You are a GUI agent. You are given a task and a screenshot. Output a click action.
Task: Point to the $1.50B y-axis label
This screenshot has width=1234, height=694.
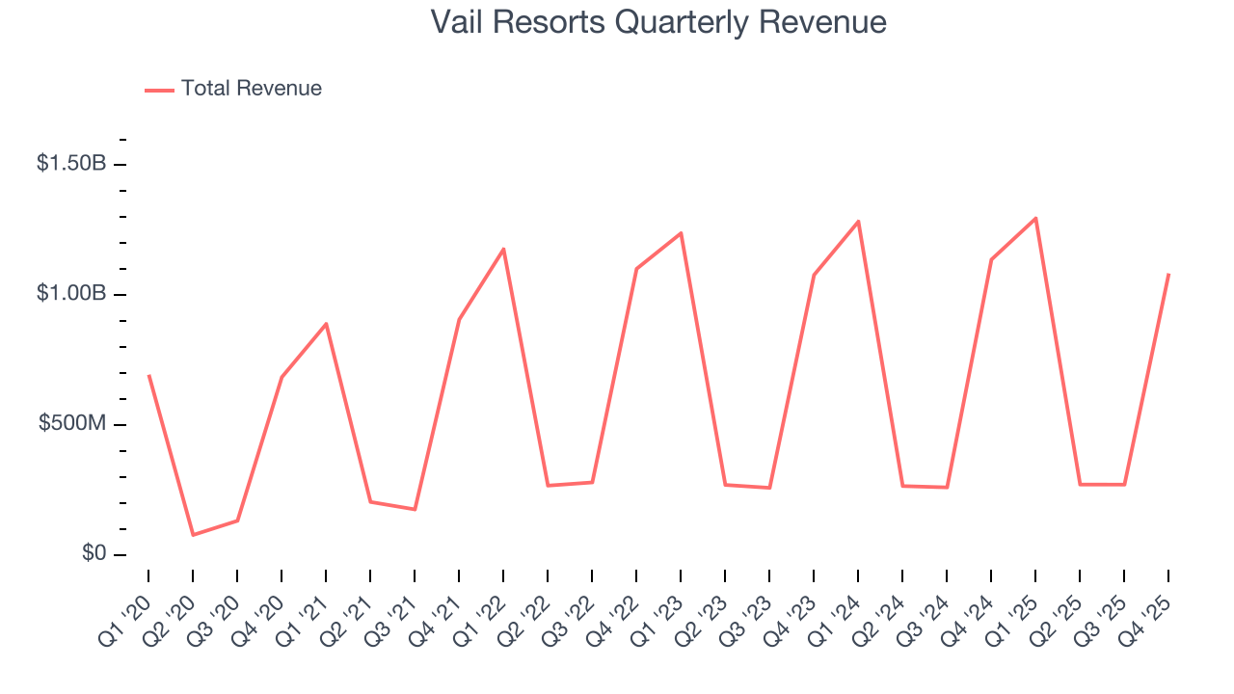click(71, 164)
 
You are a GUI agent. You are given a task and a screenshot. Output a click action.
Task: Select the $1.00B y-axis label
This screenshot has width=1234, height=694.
click(71, 294)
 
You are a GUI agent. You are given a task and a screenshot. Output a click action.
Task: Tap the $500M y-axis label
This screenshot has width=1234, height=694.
click(73, 424)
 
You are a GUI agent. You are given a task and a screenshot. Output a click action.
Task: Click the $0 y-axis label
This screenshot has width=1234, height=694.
click(94, 554)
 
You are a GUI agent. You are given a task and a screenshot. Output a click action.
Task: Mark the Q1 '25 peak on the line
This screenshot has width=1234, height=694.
click(1035, 218)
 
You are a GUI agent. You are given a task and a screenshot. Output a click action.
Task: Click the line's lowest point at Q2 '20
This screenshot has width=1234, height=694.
click(193, 535)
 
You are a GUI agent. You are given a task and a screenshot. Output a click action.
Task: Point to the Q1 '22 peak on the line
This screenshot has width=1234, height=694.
click(503, 249)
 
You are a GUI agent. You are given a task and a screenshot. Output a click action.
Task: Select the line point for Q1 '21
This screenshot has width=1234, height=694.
click(326, 324)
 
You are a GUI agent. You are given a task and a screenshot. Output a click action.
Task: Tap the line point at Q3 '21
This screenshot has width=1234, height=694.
click(415, 509)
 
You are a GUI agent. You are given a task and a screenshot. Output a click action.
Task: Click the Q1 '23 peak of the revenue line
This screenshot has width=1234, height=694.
click(681, 233)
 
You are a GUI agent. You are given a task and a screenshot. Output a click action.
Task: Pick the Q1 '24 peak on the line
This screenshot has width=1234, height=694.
click(858, 222)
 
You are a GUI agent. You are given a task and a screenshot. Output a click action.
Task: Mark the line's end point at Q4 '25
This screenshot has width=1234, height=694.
click(1168, 274)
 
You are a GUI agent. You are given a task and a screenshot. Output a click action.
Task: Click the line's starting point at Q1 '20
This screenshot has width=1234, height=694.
click(148, 375)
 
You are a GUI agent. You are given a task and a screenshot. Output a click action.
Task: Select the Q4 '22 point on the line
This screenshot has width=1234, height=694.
click(636, 269)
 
